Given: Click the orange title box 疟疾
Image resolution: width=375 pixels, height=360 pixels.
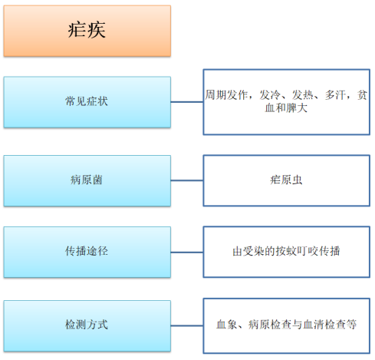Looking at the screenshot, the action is pyautogui.click(x=87, y=31).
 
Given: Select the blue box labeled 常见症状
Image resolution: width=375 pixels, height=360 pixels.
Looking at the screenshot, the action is pyautogui.click(x=87, y=102).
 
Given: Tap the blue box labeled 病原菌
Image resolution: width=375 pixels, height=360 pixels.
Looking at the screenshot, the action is pyautogui.click(x=87, y=180).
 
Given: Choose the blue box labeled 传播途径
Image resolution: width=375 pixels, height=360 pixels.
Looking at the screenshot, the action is pyautogui.click(x=87, y=252).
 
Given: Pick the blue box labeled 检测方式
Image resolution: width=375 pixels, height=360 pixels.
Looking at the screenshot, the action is pyautogui.click(x=87, y=325).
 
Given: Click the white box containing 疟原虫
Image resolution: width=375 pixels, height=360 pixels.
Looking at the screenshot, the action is pyautogui.click(x=287, y=180).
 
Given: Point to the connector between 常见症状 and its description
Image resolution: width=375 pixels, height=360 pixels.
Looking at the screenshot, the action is pyautogui.click(x=187, y=102).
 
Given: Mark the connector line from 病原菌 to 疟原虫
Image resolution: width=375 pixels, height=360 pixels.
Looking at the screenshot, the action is pyautogui.click(x=187, y=180).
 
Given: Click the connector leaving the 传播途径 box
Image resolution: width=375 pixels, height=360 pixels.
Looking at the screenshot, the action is pyautogui.click(x=187, y=253).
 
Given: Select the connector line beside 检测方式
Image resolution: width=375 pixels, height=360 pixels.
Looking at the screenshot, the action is pyautogui.click(x=187, y=325).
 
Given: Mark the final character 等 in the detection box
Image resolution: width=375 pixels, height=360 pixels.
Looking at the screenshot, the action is pyautogui.click(x=351, y=325).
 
